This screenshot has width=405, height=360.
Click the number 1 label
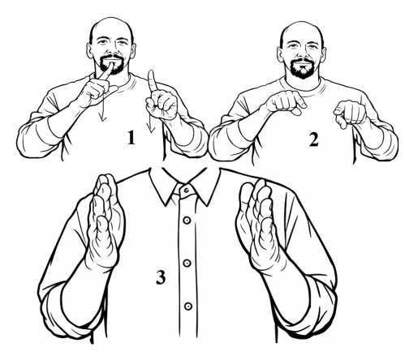(x=131, y=137)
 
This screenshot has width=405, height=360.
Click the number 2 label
(x=313, y=140)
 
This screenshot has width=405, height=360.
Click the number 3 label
(x=161, y=277)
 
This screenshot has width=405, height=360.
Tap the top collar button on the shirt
(x=187, y=191)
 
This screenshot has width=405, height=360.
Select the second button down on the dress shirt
(x=187, y=221)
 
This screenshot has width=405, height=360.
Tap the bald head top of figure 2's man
(x=302, y=27)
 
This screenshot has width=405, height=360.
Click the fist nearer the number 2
(x=350, y=113)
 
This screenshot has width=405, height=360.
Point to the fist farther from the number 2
(x=287, y=103)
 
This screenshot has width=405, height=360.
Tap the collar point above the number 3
(x=165, y=204)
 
